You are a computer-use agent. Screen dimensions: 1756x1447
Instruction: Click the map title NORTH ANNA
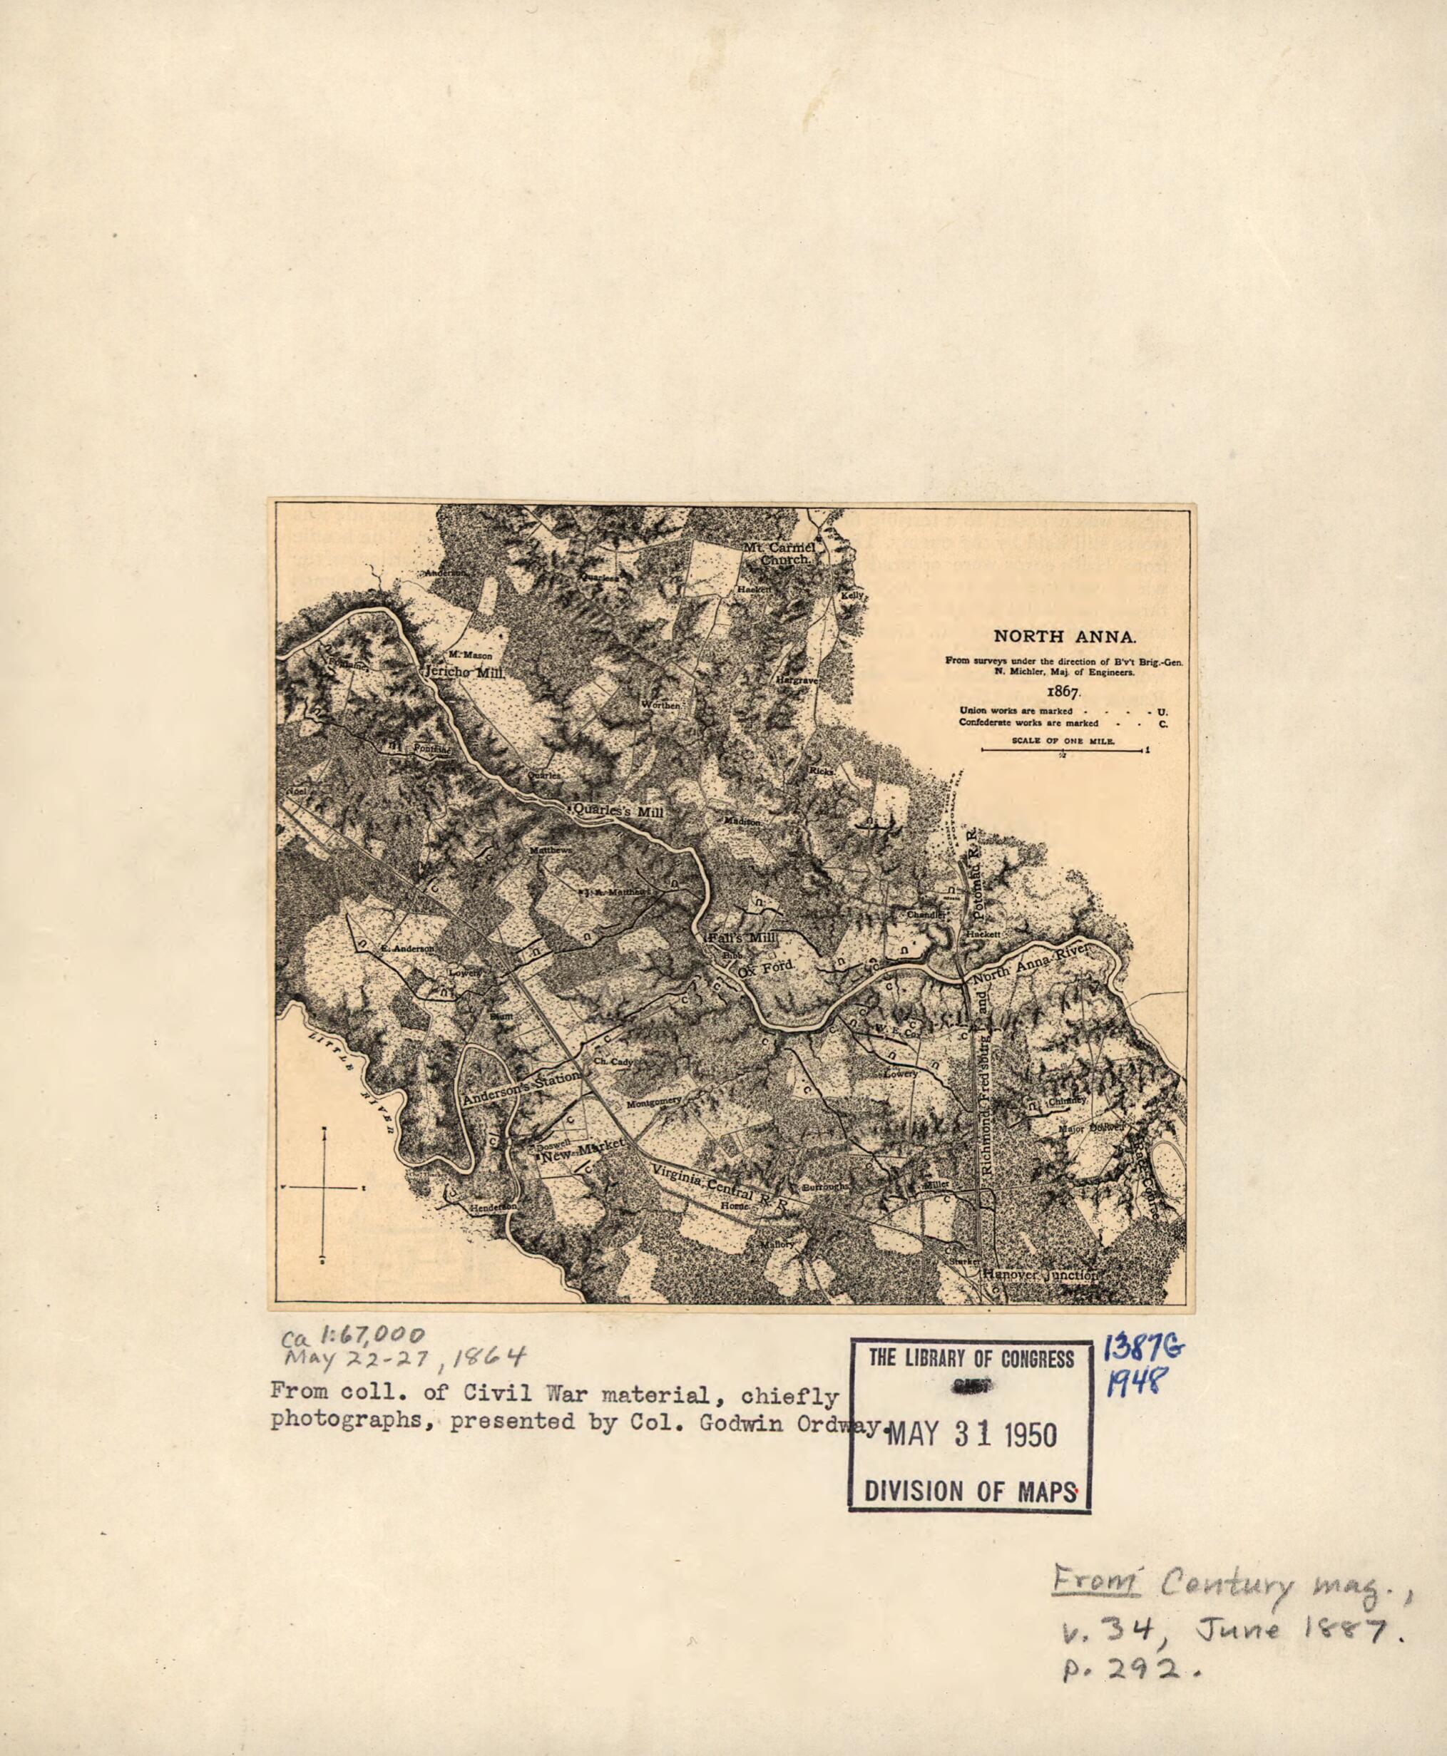tap(1063, 637)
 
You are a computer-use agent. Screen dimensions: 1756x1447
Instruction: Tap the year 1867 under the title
tap(1063, 692)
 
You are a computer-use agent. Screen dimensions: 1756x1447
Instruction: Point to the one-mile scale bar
tap(1063, 751)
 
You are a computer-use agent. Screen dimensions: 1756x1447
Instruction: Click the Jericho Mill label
tap(464, 672)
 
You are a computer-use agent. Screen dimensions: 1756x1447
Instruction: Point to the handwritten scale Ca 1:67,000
tap(354, 1338)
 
